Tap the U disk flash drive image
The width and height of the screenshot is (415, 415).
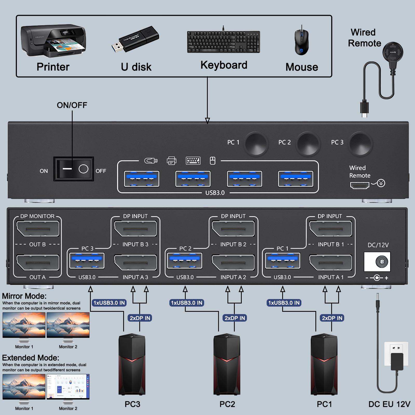click(136, 39)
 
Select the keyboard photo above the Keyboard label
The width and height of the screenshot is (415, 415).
click(223, 42)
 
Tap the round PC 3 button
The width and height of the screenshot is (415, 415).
click(360, 143)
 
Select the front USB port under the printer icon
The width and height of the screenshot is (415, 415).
click(193, 179)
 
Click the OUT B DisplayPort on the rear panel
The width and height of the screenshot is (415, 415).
click(38, 229)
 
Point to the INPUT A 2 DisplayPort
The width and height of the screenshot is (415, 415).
click(233, 263)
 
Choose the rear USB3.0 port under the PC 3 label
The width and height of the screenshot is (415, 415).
click(87, 261)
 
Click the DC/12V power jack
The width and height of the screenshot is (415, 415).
click(377, 262)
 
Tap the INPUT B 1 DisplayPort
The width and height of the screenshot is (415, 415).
click(330, 229)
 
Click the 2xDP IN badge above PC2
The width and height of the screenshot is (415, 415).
click(235, 318)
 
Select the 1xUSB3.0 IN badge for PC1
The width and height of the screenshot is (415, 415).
click(284, 303)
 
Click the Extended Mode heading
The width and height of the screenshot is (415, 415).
click(31, 358)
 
